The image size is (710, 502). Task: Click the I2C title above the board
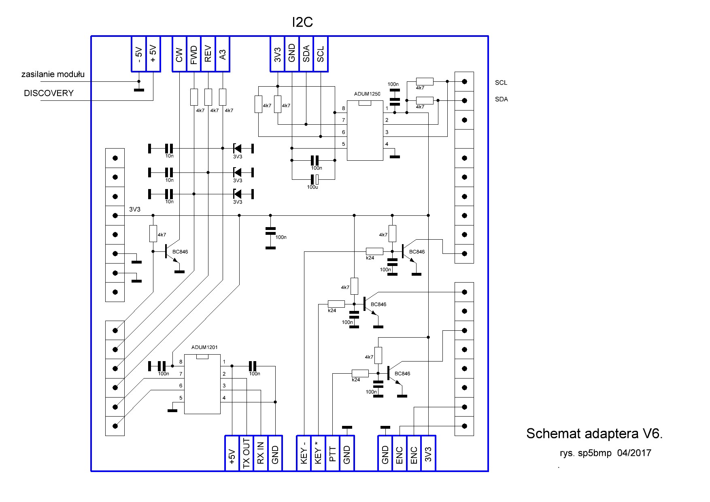pos(302,23)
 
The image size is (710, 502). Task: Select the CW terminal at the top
pos(179,54)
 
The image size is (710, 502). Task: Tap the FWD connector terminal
pos(194,54)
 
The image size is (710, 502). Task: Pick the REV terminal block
pos(208,54)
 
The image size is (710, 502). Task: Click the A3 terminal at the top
pos(222,54)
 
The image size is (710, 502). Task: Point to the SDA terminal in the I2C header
pos(306,54)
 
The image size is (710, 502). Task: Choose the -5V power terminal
pos(138,54)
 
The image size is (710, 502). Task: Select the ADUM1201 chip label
pos(204,347)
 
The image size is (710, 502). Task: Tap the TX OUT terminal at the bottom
pos(246,453)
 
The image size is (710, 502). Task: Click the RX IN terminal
pos(260,453)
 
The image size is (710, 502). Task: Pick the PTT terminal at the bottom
pos(333,453)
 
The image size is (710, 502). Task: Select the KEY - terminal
pos(304,453)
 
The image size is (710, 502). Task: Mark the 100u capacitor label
pos(312,187)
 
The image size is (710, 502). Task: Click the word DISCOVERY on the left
pos(49,93)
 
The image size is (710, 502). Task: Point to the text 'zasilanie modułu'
pos(53,74)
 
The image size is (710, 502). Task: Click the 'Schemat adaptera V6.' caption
pos(594,434)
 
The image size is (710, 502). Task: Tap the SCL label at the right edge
pos(501,83)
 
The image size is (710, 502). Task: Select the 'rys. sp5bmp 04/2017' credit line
pos(605,453)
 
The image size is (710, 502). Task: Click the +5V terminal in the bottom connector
pos(232,453)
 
